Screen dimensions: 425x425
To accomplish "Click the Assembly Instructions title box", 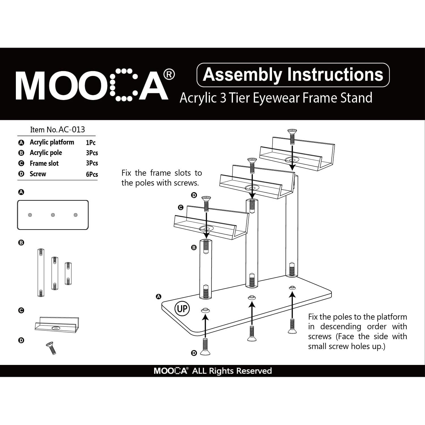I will pyautogui.click(x=293, y=75).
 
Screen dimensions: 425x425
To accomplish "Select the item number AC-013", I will pyautogui.click(x=72, y=129).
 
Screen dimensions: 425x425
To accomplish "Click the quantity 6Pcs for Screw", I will pyautogui.click(x=92, y=174).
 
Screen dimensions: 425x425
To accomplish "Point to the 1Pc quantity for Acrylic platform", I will pyautogui.click(x=91, y=143).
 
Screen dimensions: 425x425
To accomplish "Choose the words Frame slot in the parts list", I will pyautogui.click(x=44, y=163).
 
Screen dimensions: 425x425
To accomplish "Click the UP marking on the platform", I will pyautogui.click(x=182, y=308).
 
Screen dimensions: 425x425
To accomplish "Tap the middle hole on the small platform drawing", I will pyautogui.click(x=53, y=215).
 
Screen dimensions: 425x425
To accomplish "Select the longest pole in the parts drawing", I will pyautogui.click(x=41, y=273).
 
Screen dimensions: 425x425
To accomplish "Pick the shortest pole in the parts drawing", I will pyautogui.click(x=68, y=273).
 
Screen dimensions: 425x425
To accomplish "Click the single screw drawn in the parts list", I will pyautogui.click(x=51, y=348).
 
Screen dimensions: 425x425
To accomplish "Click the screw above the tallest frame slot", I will pyautogui.click(x=292, y=136).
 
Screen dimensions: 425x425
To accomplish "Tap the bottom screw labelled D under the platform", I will pyautogui.click(x=205, y=347).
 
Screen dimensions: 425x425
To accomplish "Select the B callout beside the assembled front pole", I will pyautogui.click(x=194, y=248).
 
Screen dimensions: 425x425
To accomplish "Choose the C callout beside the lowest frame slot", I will pyautogui.click(x=180, y=207).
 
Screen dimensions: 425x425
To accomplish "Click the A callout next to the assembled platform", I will pyautogui.click(x=159, y=297).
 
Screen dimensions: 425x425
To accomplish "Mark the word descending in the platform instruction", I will pyautogui.click(x=341, y=327).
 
